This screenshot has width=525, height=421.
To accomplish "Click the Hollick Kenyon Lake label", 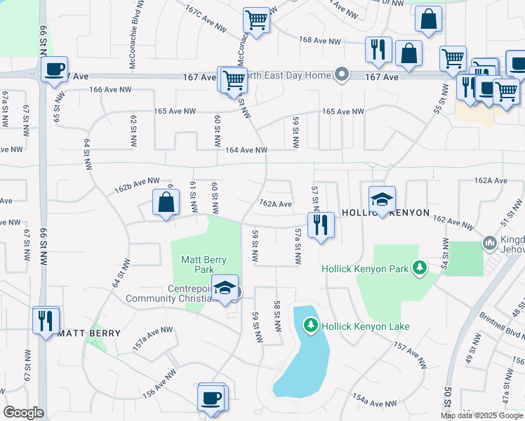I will [x=365, y=326].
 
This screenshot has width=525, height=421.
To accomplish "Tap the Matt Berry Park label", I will [x=204, y=265].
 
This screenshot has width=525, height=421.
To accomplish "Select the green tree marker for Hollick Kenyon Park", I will [x=420, y=267].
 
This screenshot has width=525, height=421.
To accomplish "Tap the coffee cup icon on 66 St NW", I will [x=53, y=70].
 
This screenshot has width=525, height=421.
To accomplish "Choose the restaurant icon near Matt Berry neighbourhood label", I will [x=46, y=320].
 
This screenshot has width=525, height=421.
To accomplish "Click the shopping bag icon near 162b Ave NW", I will [x=166, y=203].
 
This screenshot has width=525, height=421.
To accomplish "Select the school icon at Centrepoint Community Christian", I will [x=225, y=289].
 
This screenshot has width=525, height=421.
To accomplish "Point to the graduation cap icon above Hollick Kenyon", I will [x=383, y=199].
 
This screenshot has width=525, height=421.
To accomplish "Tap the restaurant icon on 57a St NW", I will [x=321, y=225].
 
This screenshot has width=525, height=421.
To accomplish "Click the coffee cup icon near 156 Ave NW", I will [x=211, y=399].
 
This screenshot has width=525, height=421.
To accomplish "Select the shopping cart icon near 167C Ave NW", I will [x=257, y=20].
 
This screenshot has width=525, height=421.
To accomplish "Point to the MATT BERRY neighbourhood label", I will [x=87, y=333].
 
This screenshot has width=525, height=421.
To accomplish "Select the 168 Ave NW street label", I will [x=319, y=41].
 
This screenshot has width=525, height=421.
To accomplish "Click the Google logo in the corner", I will [x=23, y=412].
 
